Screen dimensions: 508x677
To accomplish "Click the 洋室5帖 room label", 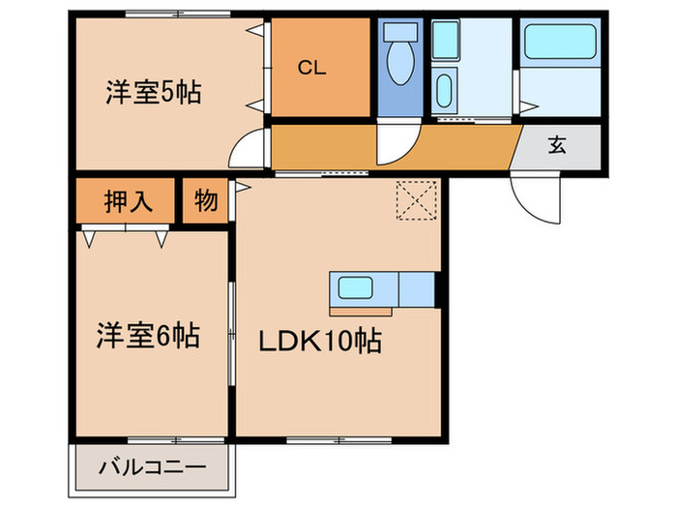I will (x=153, y=94).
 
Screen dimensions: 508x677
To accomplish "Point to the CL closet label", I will (x=311, y=68).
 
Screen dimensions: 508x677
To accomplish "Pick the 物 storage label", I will (x=205, y=202).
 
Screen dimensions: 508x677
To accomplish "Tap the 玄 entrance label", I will (x=558, y=146).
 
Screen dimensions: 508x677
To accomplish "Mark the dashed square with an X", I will (x=417, y=201).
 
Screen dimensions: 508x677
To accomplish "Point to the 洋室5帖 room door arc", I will (x=248, y=150).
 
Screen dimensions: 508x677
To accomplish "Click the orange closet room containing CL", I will (x=320, y=67).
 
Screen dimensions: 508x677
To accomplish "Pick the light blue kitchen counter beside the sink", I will (x=418, y=288).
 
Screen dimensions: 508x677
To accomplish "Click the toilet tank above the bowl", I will (x=397, y=31).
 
